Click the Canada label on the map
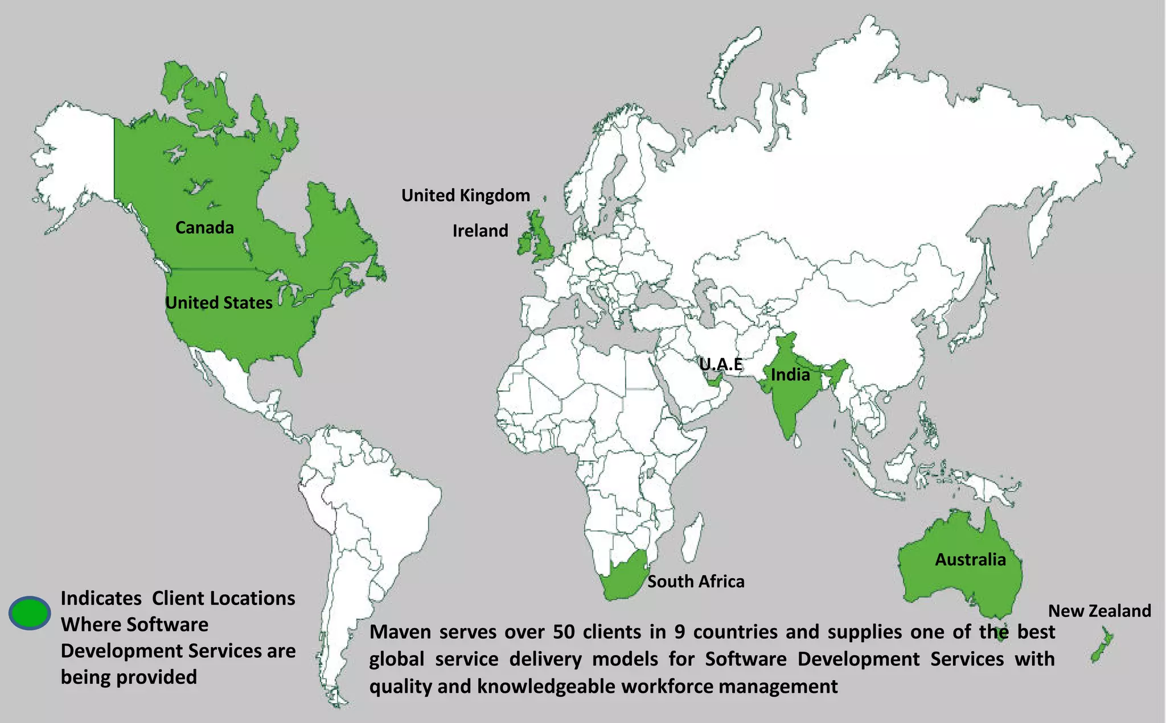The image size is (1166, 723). coord(204,228)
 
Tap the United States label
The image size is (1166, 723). coord(219,303)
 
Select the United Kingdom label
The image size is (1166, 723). coord(465,195)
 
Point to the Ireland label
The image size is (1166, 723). coord(480,231)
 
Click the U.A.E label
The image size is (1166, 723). coord(721,364)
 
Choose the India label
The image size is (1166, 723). coord(790,375)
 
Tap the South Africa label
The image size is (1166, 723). coord(696,582)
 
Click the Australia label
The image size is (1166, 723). coord(970,559)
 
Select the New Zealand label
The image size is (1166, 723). coord(1099,611)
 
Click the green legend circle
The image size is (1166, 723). coord(30,612)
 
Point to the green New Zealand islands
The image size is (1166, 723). coord(1102,647)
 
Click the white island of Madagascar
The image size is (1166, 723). coord(692,536)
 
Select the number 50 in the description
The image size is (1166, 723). coord(564,632)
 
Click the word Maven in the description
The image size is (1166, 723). coord(400,632)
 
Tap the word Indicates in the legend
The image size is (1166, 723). coord(101,598)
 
